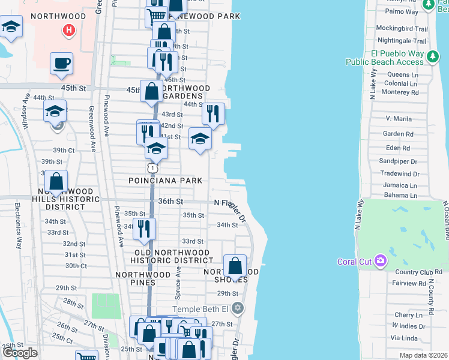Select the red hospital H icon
pyautogui.click(x=69, y=29)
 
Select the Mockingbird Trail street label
pyautogui.click(x=402, y=29)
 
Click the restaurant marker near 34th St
pyautogui.click(x=144, y=229)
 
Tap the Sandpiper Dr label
pyautogui.click(x=397, y=161)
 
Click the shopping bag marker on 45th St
pyautogui.click(x=151, y=92)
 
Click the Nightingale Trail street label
pyautogui.click(x=401, y=41)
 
